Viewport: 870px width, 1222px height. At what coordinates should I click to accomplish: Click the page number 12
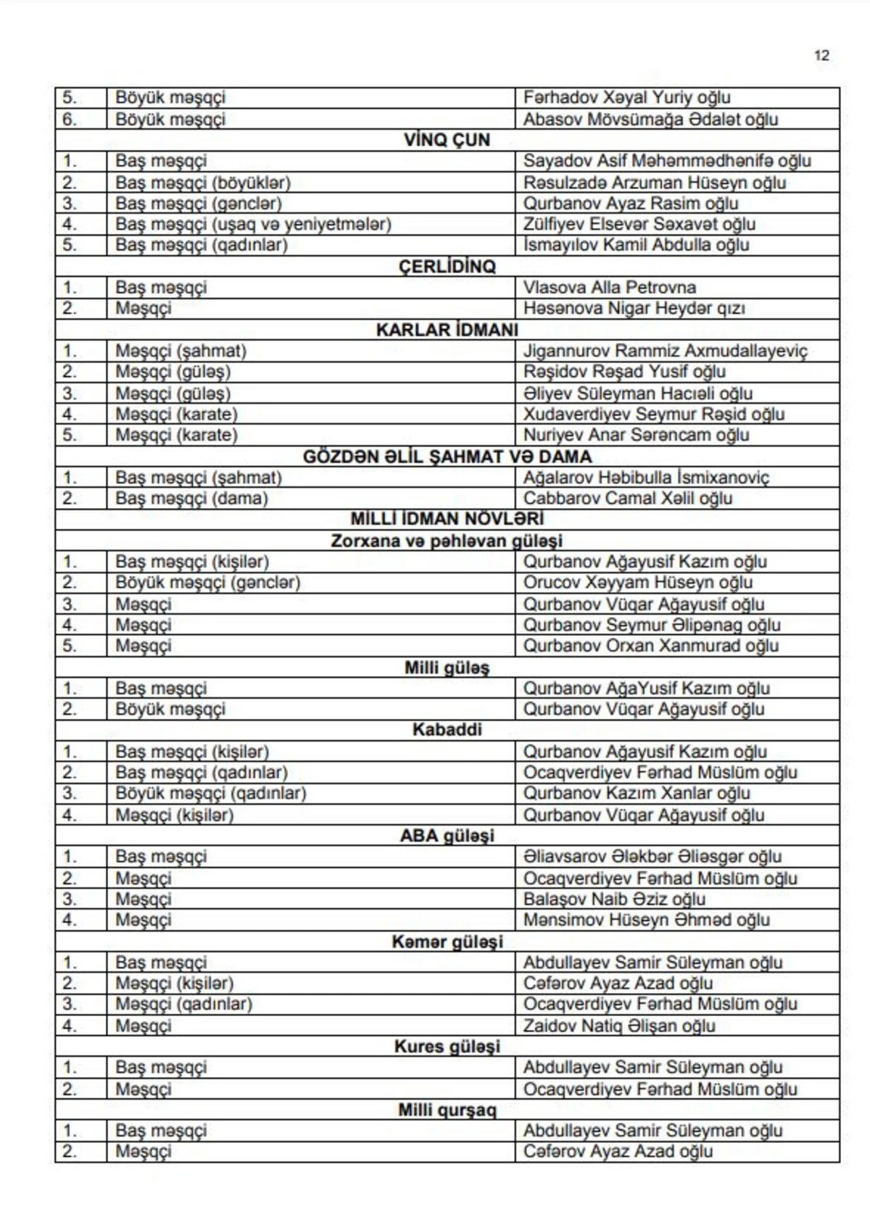click(821, 56)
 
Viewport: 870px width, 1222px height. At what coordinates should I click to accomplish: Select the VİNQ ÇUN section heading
click(447, 140)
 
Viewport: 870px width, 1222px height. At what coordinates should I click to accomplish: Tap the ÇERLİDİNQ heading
click(447, 266)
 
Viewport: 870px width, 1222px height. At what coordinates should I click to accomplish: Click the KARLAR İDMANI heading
click(447, 330)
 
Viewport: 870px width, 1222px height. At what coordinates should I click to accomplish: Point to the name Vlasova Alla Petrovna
click(609, 287)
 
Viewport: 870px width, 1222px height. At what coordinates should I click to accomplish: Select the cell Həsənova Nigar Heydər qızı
click(634, 308)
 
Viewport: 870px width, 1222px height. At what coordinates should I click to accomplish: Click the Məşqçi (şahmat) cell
click(181, 351)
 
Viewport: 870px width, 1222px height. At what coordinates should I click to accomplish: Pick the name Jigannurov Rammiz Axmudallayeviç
click(665, 351)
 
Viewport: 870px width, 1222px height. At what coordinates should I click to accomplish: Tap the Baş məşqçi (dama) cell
click(191, 499)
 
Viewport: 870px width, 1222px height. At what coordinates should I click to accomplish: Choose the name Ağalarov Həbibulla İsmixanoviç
click(646, 478)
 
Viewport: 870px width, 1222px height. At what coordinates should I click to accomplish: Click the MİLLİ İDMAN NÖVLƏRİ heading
click(447, 519)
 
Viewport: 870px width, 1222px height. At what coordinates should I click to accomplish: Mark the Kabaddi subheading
click(447, 730)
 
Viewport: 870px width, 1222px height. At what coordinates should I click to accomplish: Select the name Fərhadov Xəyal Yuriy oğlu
click(626, 97)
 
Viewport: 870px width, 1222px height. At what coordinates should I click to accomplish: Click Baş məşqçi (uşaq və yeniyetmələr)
click(253, 224)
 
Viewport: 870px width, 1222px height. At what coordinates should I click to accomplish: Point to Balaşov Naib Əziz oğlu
click(614, 899)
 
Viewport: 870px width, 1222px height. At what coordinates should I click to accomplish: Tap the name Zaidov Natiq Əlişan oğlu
click(619, 1026)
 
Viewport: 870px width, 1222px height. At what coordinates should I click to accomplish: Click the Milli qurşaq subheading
click(447, 1110)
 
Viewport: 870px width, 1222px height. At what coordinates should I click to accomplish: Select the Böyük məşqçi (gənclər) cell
click(207, 583)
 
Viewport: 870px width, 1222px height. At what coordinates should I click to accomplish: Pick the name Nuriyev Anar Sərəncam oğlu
click(636, 435)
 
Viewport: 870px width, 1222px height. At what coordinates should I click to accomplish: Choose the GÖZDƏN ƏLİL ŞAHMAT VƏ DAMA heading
click(447, 457)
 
